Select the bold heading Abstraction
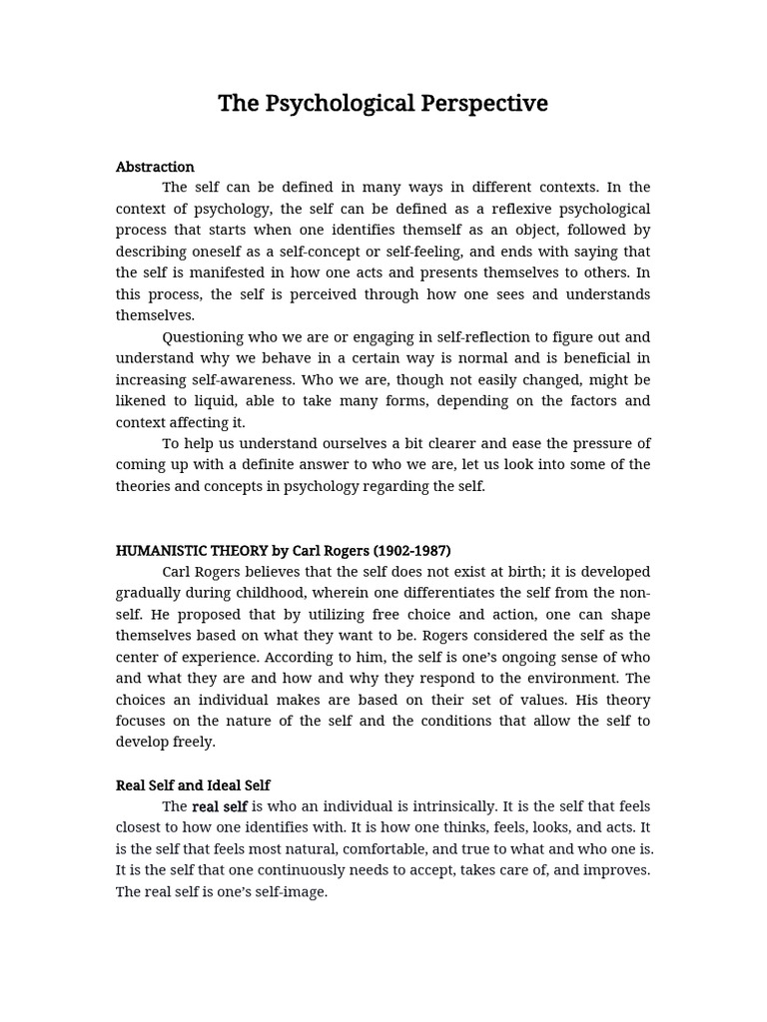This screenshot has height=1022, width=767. pos(155,167)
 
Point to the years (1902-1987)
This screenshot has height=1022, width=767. pos(411,551)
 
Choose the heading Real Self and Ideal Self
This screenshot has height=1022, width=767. pos(193,785)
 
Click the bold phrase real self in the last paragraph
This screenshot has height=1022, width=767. pos(220,806)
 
